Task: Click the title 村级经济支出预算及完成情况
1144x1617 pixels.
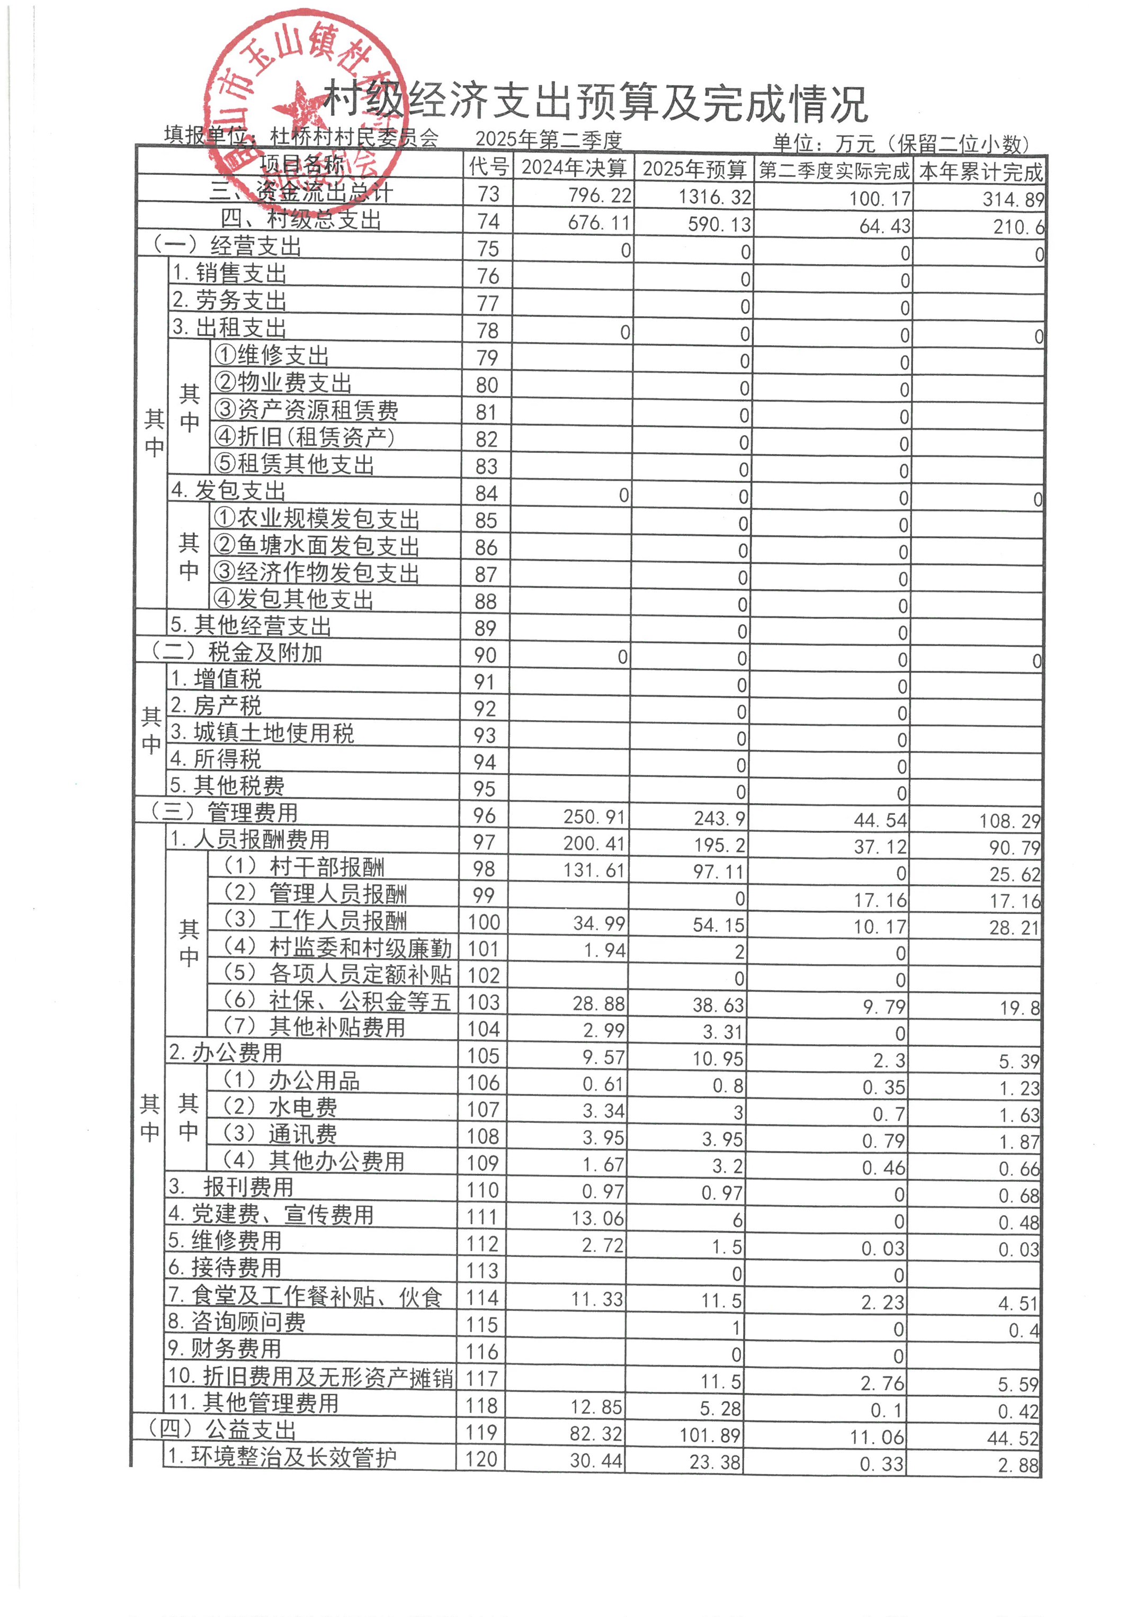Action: [x=595, y=103]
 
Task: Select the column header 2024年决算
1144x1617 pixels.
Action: [x=574, y=168]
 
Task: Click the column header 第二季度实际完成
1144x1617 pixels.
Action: [x=834, y=170]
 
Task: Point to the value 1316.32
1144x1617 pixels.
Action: [x=714, y=196]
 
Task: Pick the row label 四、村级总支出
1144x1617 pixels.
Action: [x=301, y=220]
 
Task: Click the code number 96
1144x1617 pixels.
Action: [x=484, y=815]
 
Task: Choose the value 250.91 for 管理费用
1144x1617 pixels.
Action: [x=594, y=817]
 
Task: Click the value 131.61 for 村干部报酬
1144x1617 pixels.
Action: [x=594, y=870]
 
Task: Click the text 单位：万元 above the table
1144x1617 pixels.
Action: [x=824, y=143]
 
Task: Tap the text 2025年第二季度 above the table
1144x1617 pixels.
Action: [x=549, y=140]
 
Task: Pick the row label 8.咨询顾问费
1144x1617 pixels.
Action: [x=237, y=1323]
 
